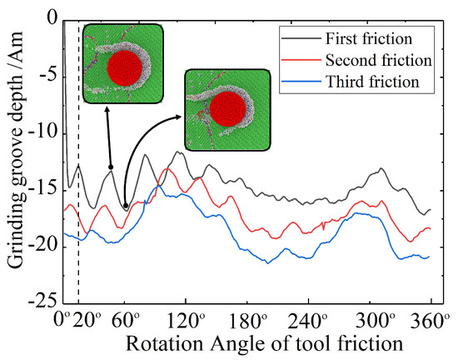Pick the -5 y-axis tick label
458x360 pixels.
[x=45, y=76]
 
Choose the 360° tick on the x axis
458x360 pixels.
[x=431, y=319]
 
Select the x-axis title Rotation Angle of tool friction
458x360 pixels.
[x=241, y=342]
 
